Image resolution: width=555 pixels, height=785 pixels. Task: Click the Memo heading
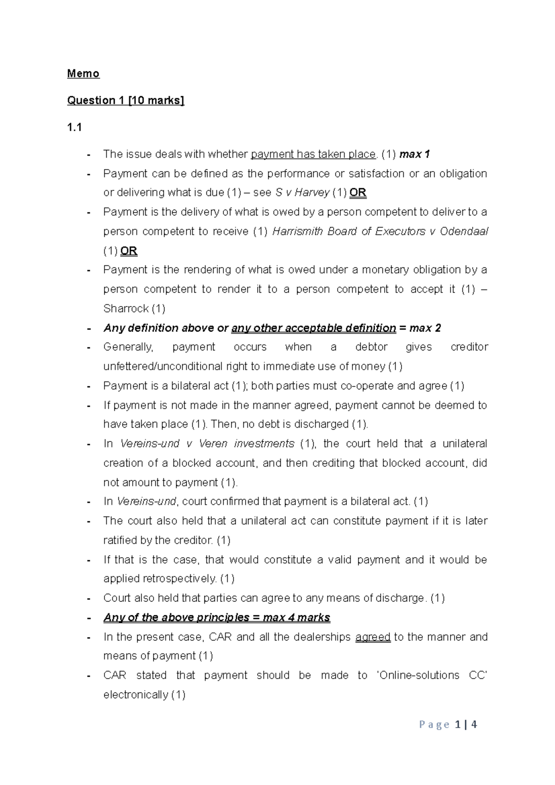tap(83, 74)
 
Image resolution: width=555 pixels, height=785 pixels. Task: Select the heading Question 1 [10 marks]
tap(125, 100)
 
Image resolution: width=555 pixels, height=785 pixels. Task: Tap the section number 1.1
tap(74, 128)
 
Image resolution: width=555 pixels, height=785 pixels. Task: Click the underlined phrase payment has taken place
tap(313, 154)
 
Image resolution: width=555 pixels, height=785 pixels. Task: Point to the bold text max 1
tap(414, 154)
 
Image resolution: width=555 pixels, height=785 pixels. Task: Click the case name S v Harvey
tap(302, 193)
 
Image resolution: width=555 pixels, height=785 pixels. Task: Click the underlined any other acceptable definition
tap(314, 328)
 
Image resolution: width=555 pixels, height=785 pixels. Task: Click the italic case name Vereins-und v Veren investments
tap(207, 444)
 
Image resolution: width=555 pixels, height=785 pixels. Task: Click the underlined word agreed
tap(373, 637)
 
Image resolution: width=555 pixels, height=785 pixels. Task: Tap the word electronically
tap(136, 695)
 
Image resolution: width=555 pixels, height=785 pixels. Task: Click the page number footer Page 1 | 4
tap(448, 724)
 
